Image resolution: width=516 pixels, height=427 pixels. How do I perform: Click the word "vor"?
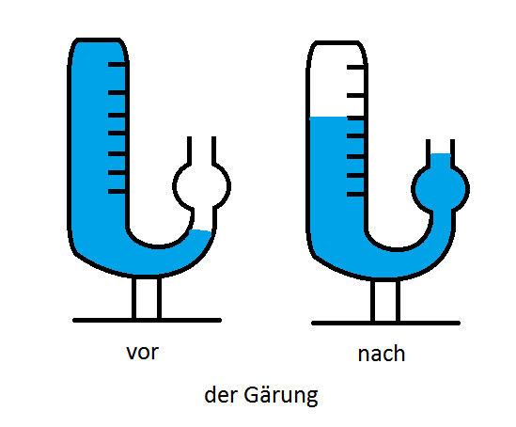(143, 352)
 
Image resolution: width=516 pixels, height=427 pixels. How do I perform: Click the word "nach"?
(381, 354)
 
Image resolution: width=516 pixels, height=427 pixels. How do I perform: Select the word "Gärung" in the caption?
(281, 395)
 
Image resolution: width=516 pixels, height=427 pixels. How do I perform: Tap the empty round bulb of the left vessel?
(201, 186)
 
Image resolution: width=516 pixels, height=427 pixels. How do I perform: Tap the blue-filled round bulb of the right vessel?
(440, 189)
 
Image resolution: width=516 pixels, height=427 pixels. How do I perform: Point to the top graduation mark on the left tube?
(117, 64)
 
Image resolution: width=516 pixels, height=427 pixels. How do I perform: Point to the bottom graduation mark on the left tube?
(117, 191)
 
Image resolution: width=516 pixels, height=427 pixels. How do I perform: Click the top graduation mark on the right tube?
(355, 67)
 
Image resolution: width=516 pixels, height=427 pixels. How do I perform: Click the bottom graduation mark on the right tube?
(355, 195)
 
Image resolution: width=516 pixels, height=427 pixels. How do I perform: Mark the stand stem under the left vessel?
(147, 298)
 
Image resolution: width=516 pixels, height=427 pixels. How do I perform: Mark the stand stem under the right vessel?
(385, 301)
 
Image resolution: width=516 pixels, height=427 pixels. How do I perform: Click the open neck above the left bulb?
(201, 150)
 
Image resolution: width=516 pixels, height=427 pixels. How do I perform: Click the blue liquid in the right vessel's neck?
(441, 160)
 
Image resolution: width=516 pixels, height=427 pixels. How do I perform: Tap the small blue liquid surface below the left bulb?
(201, 230)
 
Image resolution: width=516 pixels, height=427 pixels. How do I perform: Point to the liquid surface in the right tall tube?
(329, 118)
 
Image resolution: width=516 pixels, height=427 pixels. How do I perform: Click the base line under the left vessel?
(148, 321)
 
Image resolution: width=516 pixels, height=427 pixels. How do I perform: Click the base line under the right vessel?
(385, 324)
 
